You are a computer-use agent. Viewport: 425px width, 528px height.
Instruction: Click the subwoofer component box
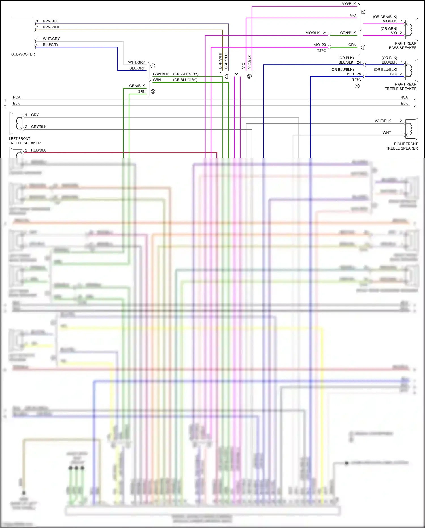pyautogui.click(x=22, y=34)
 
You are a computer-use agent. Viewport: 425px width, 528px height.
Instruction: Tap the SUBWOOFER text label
pyautogui.click(x=23, y=54)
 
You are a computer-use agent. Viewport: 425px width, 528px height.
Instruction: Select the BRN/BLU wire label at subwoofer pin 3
pyautogui.click(x=50, y=21)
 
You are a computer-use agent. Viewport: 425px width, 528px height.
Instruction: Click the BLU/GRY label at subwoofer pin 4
pyautogui.click(x=50, y=45)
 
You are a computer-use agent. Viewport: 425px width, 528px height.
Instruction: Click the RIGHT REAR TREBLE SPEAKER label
pyautogui.click(x=400, y=87)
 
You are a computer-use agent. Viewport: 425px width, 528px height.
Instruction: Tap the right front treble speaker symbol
pyautogui.click(x=412, y=129)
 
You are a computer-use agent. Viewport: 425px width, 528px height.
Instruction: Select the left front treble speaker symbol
pyautogui.click(x=16, y=123)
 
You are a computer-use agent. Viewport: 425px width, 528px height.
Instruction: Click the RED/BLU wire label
pyautogui.click(x=39, y=150)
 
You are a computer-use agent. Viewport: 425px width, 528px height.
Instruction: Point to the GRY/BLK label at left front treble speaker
pyautogui.click(x=39, y=127)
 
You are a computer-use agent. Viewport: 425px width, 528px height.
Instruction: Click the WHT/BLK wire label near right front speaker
pyautogui.click(x=382, y=121)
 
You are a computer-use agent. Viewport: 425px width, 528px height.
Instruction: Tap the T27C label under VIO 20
pyautogui.click(x=321, y=51)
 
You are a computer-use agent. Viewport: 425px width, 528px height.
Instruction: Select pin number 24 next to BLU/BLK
pyautogui.click(x=359, y=62)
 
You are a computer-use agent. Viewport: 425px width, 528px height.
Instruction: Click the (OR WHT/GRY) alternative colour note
pyautogui.click(x=186, y=74)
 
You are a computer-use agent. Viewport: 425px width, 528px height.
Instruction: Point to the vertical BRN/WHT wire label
pyautogui.click(x=220, y=60)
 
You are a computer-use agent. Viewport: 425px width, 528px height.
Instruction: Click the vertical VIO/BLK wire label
pyautogui.click(x=249, y=62)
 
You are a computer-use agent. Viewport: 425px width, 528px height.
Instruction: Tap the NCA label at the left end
pyautogui.click(x=17, y=97)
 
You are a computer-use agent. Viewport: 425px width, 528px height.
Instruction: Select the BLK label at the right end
pyautogui.click(x=404, y=103)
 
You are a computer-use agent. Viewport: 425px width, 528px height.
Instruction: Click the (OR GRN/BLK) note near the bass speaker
pyautogui.click(x=385, y=17)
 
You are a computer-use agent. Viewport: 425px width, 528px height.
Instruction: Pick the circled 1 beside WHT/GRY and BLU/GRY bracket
pyautogui.click(x=153, y=66)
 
